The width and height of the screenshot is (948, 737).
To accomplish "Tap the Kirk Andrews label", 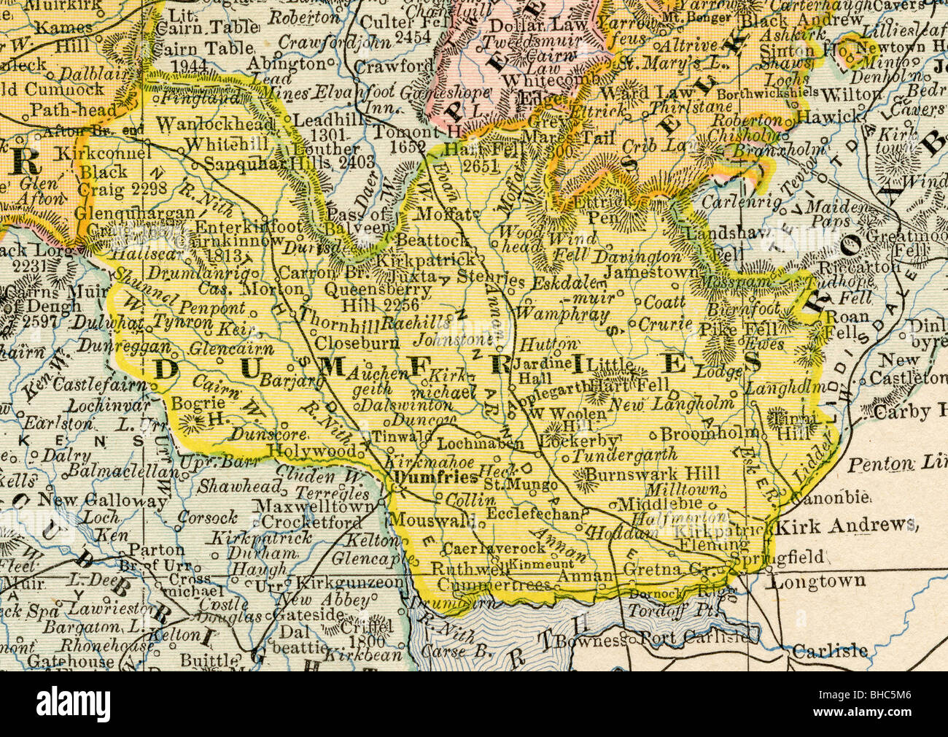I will click(844, 525).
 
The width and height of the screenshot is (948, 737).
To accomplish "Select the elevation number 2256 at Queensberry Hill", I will click(398, 306).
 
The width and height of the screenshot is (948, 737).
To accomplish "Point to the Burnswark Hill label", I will click(653, 474).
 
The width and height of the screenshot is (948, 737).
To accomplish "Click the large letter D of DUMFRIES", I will click(166, 369).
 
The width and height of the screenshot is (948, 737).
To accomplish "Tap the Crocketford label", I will click(311, 522).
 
